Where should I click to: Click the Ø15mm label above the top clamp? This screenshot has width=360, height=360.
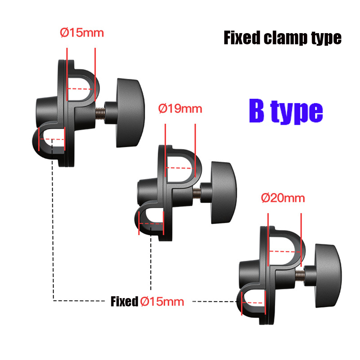(x=82, y=33)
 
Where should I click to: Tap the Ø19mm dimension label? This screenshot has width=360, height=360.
(x=180, y=108)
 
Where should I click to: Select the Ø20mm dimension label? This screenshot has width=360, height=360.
(x=283, y=198)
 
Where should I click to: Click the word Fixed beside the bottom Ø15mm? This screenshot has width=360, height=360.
(x=124, y=302)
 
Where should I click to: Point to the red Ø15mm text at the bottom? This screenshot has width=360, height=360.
(x=162, y=302)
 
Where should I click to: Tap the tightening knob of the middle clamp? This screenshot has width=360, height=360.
(x=223, y=192)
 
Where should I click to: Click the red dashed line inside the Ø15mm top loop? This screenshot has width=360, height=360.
(x=81, y=89)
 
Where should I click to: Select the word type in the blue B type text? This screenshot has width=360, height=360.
(x=300, y=112)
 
